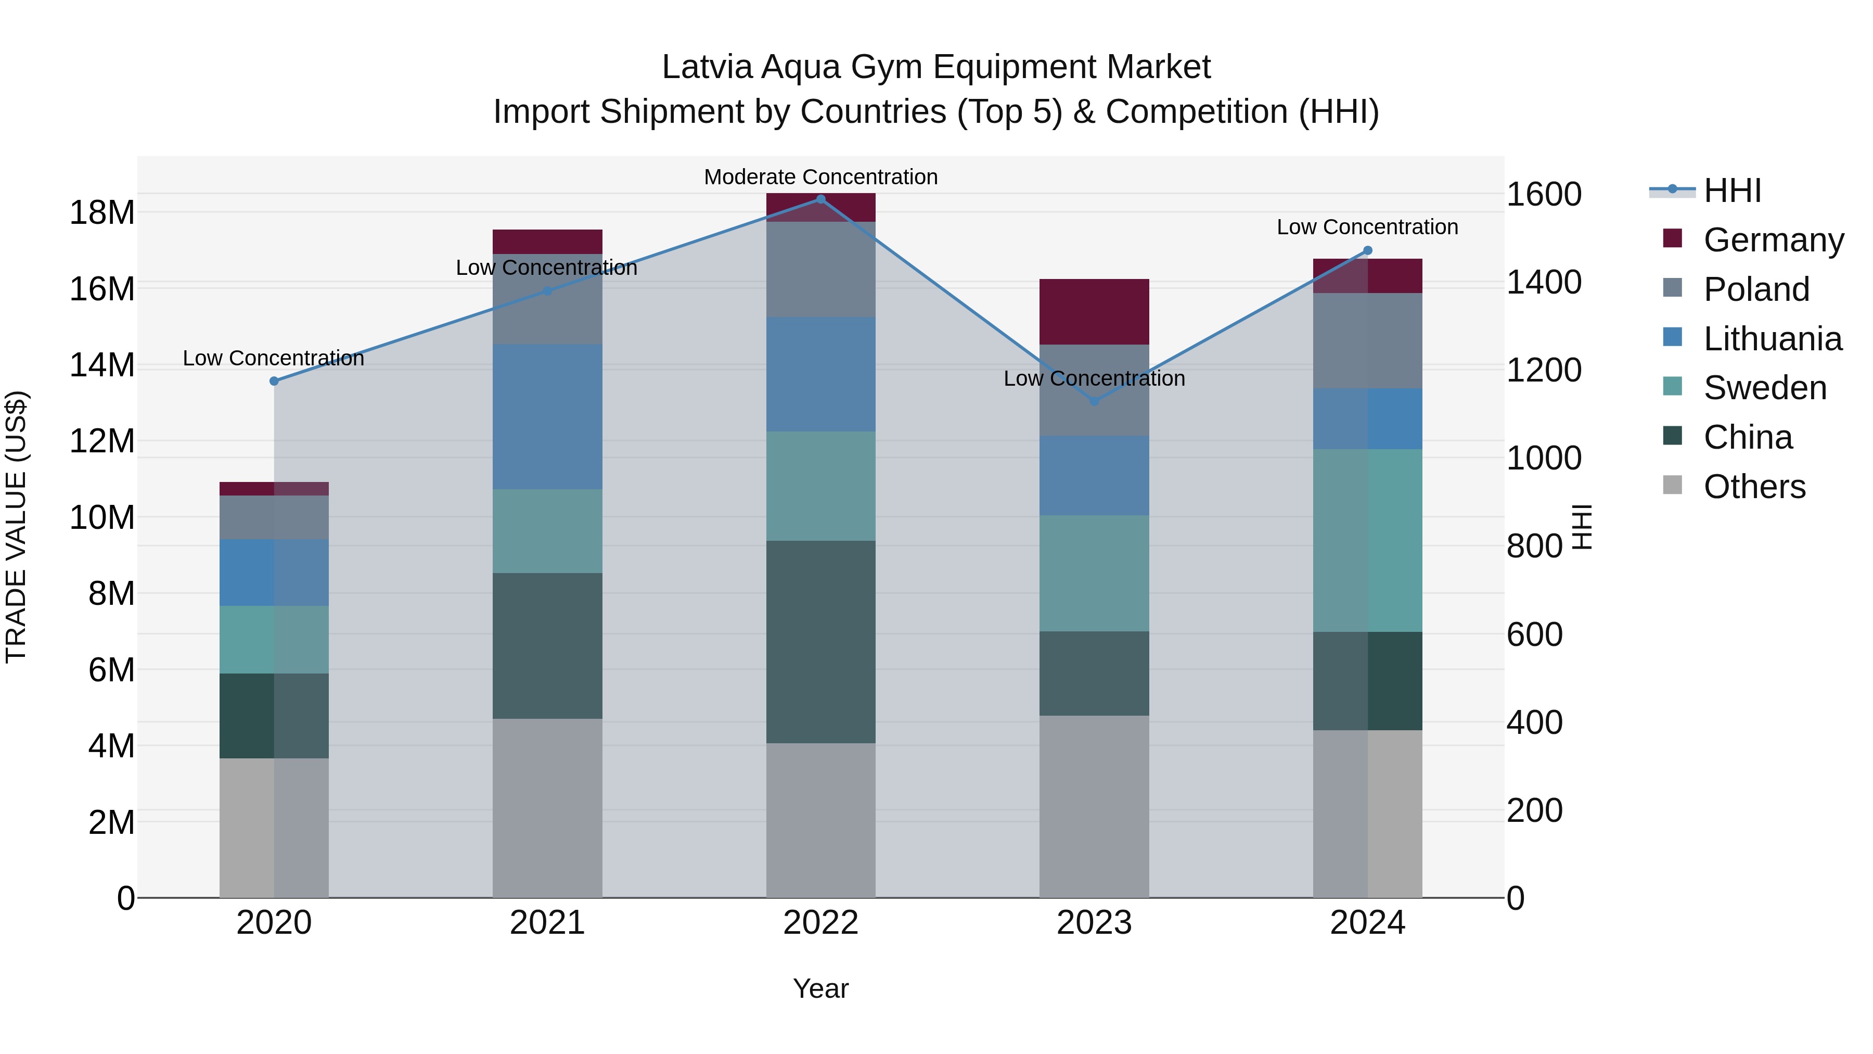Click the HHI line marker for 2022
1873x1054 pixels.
821,199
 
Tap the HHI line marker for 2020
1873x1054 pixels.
274,381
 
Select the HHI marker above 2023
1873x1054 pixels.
1094,401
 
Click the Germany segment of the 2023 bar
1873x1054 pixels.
1094,311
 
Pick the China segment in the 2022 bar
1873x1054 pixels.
821,642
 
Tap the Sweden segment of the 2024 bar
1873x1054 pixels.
1368,540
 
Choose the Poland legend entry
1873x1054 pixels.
1756,289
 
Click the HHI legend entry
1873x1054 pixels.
1732,191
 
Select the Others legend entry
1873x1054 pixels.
1754,487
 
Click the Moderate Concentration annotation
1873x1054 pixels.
821,177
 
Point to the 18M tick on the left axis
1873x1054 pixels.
102,212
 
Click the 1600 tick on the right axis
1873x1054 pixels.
1544,194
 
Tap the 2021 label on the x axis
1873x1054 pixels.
547,923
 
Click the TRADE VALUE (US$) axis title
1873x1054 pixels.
16,527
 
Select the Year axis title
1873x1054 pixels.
821,988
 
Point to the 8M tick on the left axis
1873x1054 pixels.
111,593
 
